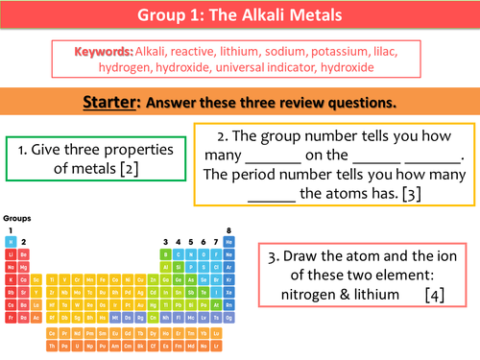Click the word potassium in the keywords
click(331, 49)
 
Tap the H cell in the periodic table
click(11, 242)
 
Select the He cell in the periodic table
click(228, 242)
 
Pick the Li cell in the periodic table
click(11, 253)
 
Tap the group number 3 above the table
click(166, 241)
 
